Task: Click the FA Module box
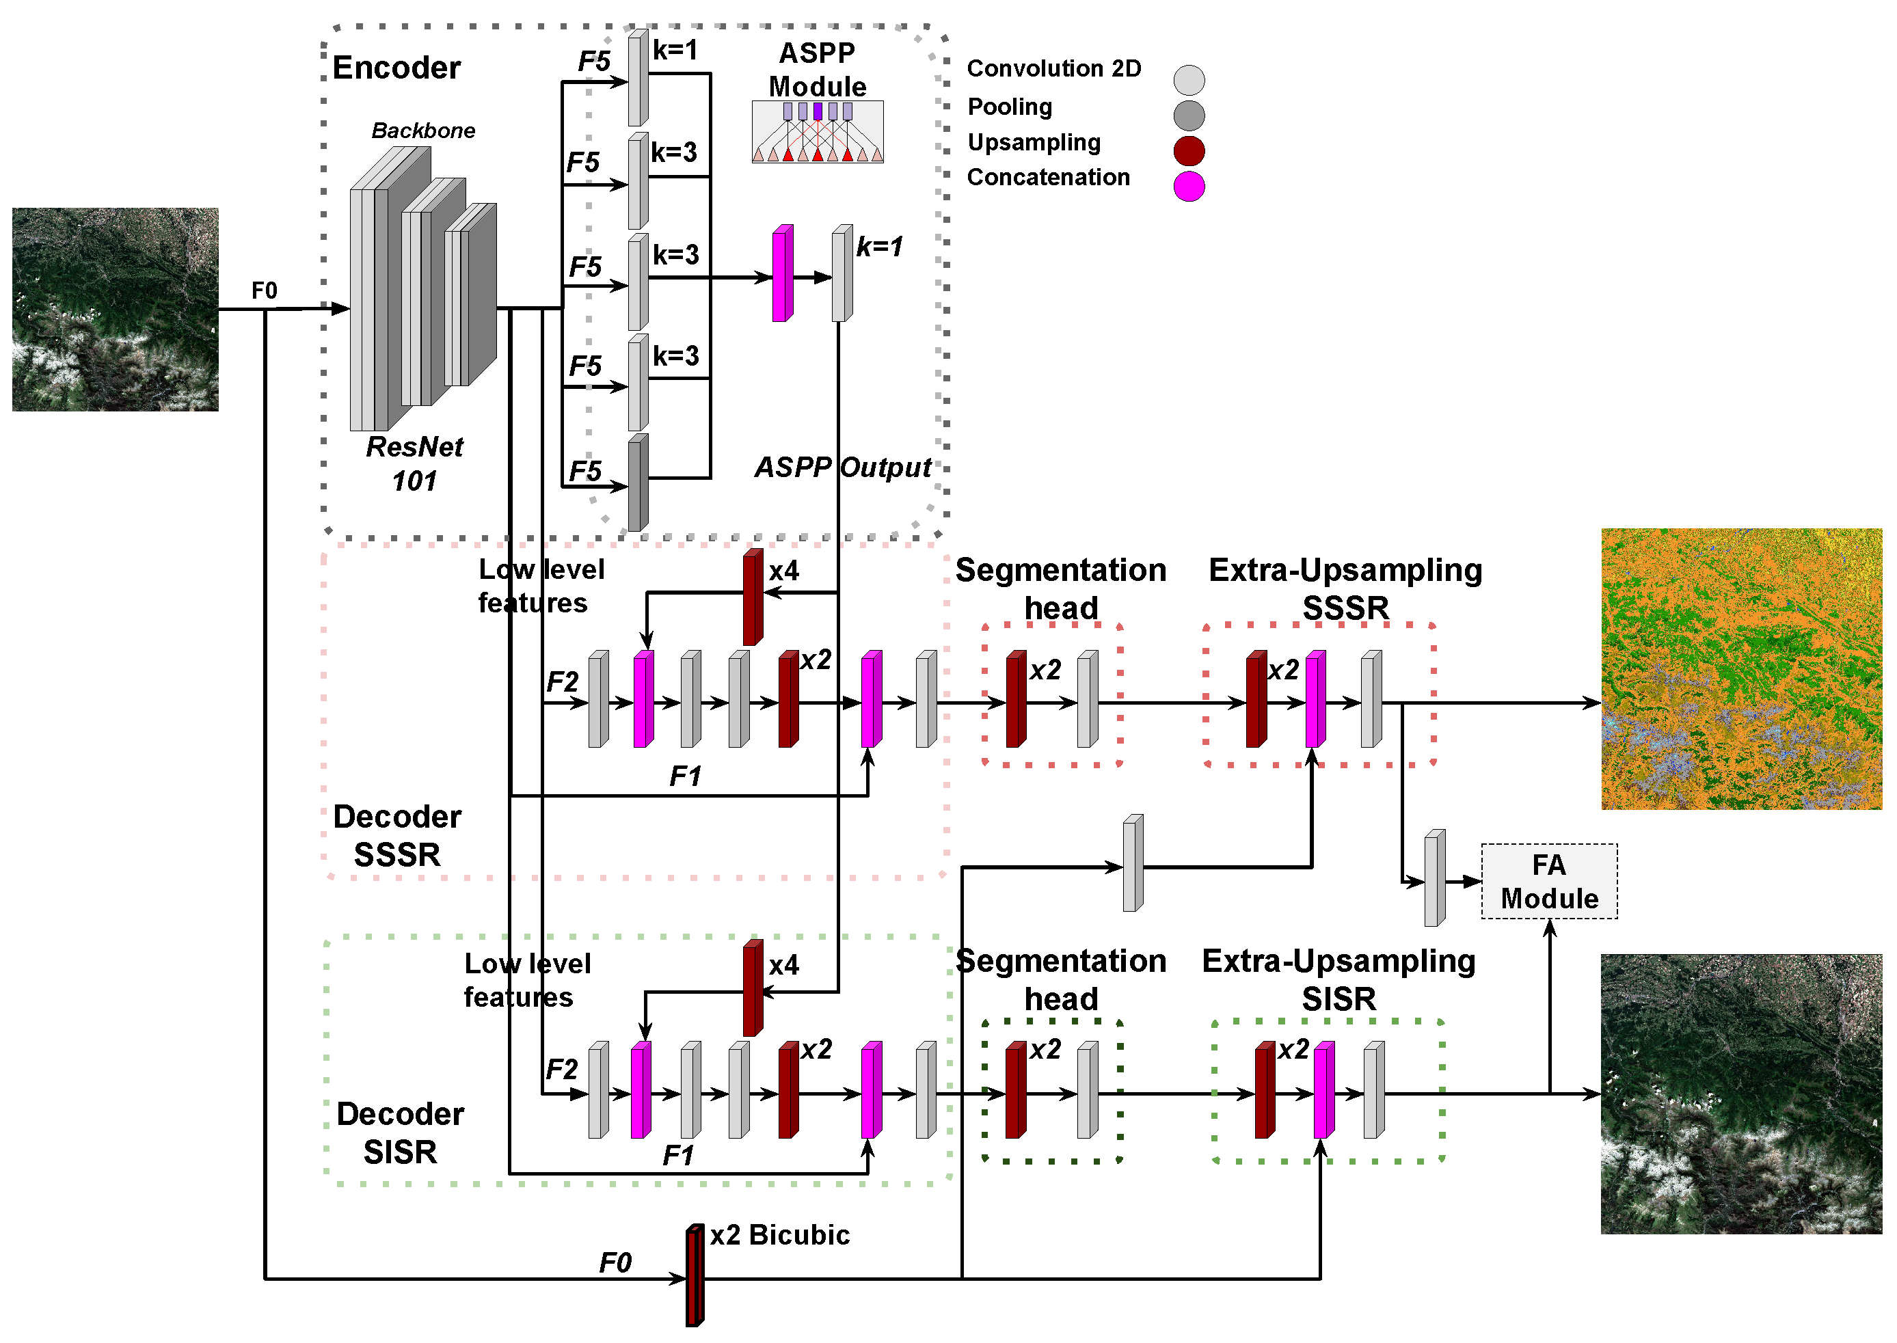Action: click(x=1548, y=881)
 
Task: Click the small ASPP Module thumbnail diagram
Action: click(x=817, y=133)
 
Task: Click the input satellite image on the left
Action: click(x=115, y=310)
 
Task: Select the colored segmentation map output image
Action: click(x=1740, y=668)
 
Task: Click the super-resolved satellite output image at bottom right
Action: click(x=1740, y=1094)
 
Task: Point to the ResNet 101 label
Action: click(x=414, y=463)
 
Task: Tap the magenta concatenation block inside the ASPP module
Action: click(x=782, y=274)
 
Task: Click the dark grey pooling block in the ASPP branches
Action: click(x=638, y=483)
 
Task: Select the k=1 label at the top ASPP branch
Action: click(x=675, y=51)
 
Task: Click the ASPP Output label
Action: click(x=842, y=468)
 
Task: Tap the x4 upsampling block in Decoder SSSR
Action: click(x=753, y=597)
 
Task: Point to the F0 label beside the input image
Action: click(x=264, y=291)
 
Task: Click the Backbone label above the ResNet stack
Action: click(x=422, y=131)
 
